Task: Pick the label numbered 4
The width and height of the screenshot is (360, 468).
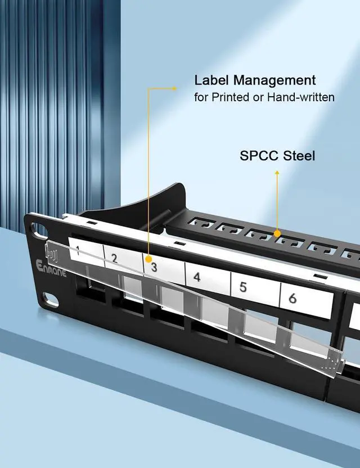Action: point(196,277)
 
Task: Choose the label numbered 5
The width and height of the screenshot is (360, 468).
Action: point(242,287)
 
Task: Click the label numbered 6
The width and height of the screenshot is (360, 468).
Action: point(292,298)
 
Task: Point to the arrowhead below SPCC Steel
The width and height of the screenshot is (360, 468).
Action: point(277,174)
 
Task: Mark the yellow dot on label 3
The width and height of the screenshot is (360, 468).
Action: point(148,260)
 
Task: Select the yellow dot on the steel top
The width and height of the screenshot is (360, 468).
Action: point(277,232)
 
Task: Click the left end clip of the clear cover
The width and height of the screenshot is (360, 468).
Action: point(52,255)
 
